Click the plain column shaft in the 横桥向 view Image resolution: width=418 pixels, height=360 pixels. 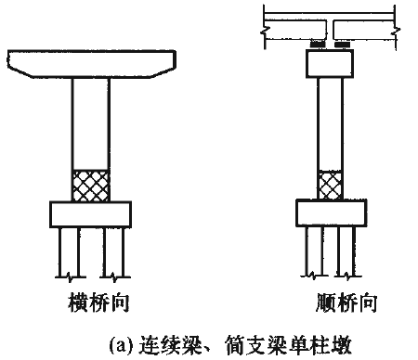click(x=91, y=121)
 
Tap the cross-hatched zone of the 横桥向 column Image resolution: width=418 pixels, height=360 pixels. click(x=91, y=185)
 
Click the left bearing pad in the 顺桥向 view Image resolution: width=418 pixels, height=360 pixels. click(x=317, y=44)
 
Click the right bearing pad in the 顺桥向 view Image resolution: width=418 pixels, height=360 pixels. click(x=341, y=44)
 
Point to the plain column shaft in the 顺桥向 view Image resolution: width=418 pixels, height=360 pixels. click(x=329, y=121)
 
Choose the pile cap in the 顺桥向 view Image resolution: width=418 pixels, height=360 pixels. click(x=329, y=212)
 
